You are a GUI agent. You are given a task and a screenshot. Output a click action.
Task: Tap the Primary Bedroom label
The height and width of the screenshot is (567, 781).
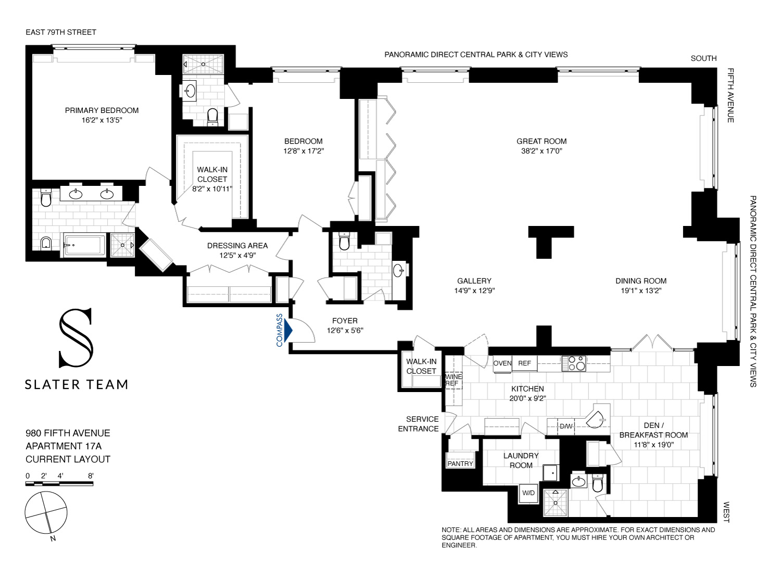[x=102, y=110]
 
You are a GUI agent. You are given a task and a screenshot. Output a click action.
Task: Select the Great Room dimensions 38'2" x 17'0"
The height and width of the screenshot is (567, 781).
[x=541, y=151]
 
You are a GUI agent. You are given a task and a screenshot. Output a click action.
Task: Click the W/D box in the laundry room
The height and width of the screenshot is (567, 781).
[x=528, y=493]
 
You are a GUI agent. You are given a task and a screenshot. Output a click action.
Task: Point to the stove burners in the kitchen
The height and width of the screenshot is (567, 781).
[x=573, y=363]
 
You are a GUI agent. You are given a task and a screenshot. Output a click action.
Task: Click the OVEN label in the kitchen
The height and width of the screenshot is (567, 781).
[x=502, y=363]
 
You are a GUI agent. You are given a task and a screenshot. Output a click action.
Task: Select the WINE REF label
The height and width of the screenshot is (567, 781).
[x=452, y=380]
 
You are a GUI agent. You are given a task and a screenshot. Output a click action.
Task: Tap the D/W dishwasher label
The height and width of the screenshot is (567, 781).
[x=566, y=426]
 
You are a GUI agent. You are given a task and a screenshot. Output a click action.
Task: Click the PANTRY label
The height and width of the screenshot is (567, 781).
[x=460, y=463]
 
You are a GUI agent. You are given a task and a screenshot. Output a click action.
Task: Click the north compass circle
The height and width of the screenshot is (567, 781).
[x=46, y=512]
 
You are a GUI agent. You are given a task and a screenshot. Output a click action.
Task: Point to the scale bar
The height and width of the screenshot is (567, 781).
[x=59, y=484]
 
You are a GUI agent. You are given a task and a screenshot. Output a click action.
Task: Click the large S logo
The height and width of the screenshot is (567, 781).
[x=76, y=338]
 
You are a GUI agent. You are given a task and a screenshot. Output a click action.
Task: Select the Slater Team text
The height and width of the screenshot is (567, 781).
[x=77, y=385]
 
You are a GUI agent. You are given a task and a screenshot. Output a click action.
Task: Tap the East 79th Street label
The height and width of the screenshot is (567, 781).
[x=61, y=32]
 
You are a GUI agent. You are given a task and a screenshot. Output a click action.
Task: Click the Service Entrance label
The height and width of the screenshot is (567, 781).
[x=422, y=424]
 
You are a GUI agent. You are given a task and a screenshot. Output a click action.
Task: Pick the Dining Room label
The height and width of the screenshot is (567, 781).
[x=640, y=281]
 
